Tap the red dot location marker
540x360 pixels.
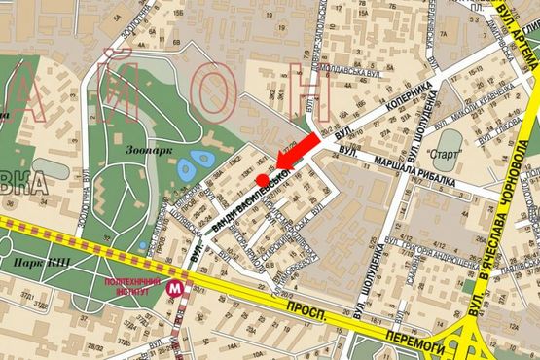tap(262, 181)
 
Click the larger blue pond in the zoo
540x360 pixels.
tap(203, 159)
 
